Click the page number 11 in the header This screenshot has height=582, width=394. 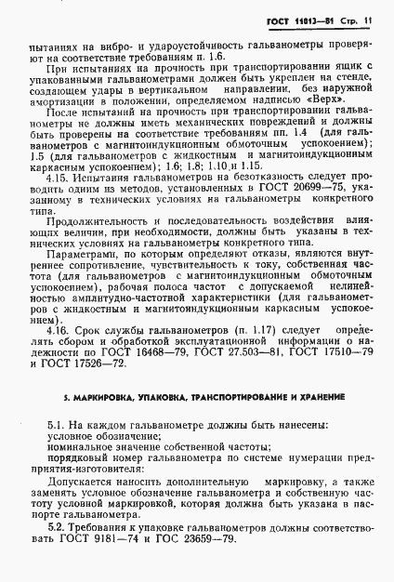tap(370, 19)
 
